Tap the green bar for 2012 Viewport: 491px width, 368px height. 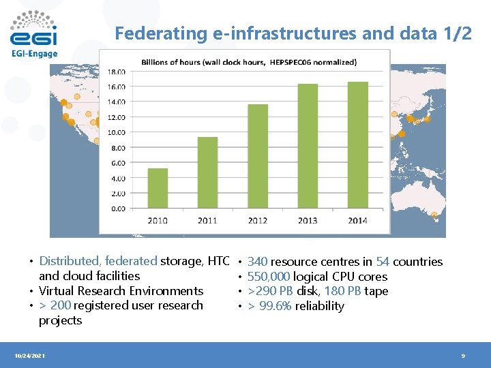[257, 157]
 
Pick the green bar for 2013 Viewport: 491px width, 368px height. [308, 147]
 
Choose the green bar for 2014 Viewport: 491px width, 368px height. [357, 145]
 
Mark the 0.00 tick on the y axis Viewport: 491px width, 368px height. [119, 209]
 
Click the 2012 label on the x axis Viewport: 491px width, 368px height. [257, 220]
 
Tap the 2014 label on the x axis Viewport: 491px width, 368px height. [357, 220]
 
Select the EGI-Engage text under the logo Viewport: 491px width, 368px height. [34, 54]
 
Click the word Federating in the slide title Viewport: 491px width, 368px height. [151, 33]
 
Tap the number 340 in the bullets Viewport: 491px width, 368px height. [257, 262]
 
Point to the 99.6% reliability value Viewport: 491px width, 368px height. [276, 306]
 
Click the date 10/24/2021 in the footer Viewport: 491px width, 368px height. [29, 356]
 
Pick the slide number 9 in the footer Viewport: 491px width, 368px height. [462, 356]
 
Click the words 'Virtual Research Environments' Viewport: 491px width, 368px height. [121, 291]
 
